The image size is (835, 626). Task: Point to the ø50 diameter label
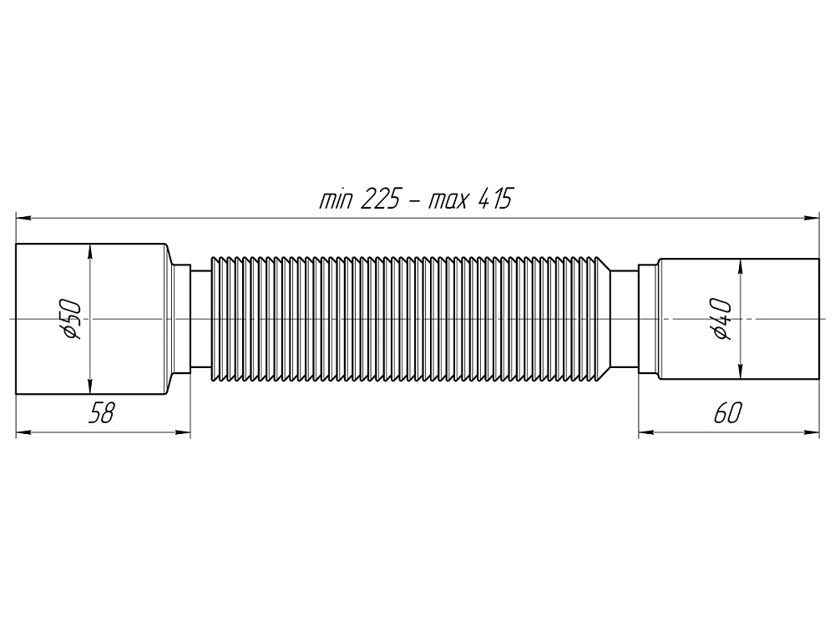point(73,320)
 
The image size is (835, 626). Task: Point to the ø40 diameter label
point(723,320)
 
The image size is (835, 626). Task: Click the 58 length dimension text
point(101,413)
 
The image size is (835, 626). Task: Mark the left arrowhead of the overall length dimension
point(23,219)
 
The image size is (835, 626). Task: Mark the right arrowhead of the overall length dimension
point(812,219)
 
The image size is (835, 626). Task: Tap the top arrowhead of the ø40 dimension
point(739,265)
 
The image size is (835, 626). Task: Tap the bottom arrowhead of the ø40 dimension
point(739,373)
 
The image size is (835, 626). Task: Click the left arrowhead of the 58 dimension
point(23,432)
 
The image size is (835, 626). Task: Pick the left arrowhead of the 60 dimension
point(646,432)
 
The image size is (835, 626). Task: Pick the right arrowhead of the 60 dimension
point(812,432)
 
